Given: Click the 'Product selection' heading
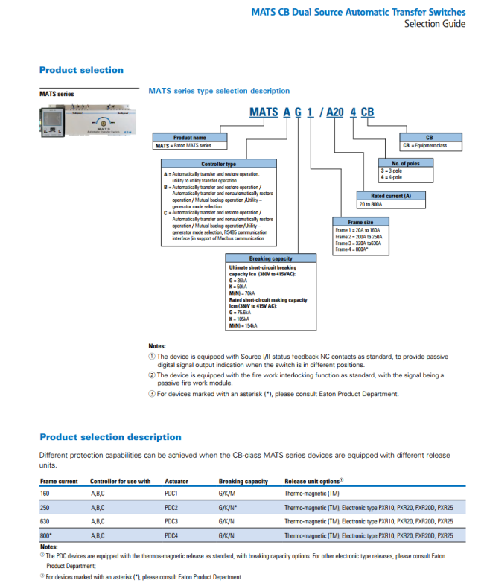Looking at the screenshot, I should point(81,70).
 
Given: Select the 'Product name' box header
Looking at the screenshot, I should point(189,138).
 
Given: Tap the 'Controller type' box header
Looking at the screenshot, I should point(218,164).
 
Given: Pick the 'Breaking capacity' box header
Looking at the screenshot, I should point(270,258).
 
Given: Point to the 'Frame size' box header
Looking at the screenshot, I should point(360,222).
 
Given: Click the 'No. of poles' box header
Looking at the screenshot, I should point(404,163).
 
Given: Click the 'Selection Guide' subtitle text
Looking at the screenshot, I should point(435,24).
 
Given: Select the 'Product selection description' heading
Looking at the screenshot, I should point(110,437).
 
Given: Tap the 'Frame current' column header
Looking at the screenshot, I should point(59,481).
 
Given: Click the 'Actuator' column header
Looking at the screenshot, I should point(176,481).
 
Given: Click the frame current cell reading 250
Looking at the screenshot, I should point(46,507).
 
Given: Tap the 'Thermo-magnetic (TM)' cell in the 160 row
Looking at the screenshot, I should point(312,493).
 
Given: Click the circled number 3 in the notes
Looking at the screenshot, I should point(152,394).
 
